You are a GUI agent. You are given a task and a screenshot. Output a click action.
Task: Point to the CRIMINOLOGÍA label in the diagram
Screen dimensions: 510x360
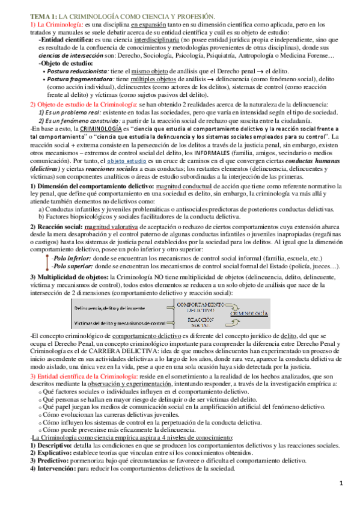click(x=248, y=313)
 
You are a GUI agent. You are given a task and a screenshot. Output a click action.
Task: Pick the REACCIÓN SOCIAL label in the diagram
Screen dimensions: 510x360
click(x=198, y=322)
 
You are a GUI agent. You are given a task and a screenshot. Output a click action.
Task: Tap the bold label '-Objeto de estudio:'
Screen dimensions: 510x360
click(x=62, y=63)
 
